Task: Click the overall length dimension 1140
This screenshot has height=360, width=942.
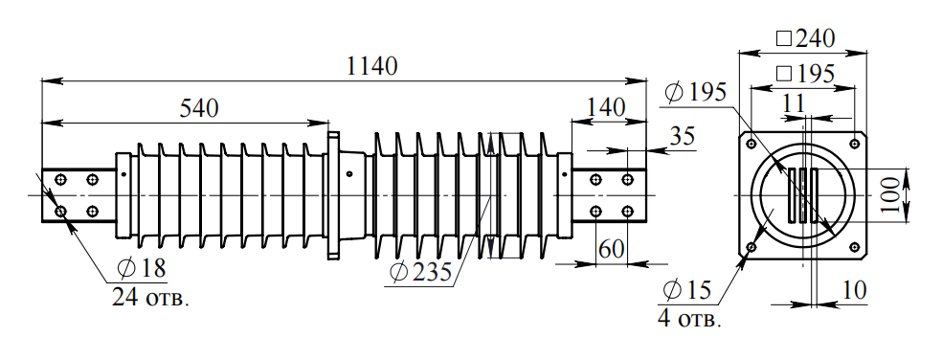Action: [372, 66]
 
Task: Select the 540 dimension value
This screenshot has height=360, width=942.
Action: [199, 108]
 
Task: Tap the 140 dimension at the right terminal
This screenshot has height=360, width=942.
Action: [606, 107]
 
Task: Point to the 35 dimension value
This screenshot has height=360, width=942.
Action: [682, 136]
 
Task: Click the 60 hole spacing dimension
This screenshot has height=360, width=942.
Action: [612, 249]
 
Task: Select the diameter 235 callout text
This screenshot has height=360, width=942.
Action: [420, 272]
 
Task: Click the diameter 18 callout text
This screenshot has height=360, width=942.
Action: [142, 269]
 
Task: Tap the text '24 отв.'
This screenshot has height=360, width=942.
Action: [150, 298]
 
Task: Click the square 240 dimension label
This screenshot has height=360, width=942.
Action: [806, 38]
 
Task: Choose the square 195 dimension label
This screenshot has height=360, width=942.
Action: [806, 74]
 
